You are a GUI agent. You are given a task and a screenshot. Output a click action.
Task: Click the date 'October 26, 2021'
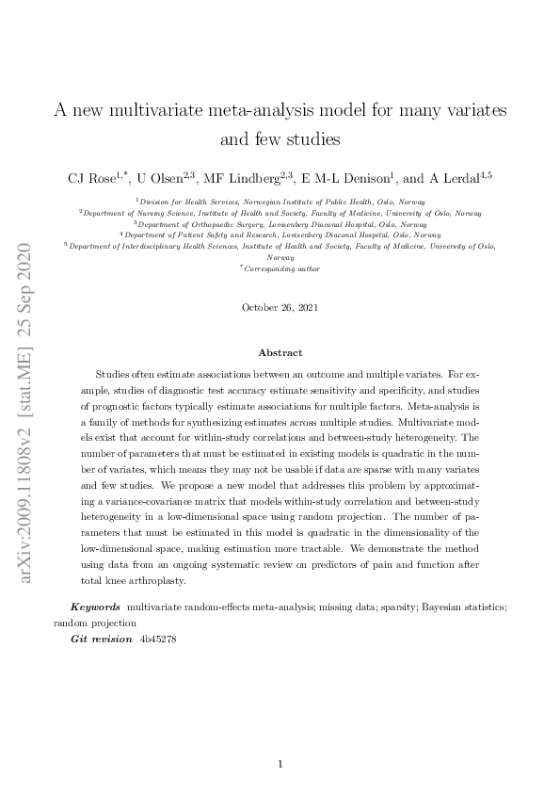click(x=280, y=307)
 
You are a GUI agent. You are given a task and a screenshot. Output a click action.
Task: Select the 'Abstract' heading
click(x=280, y=352)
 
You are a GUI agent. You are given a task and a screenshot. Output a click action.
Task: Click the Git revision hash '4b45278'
click(x=157, y=639)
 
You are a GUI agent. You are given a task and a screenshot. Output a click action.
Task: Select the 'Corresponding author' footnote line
click(x=281, y=268)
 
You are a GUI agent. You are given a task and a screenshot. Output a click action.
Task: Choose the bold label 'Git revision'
click(x=101, y=639)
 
